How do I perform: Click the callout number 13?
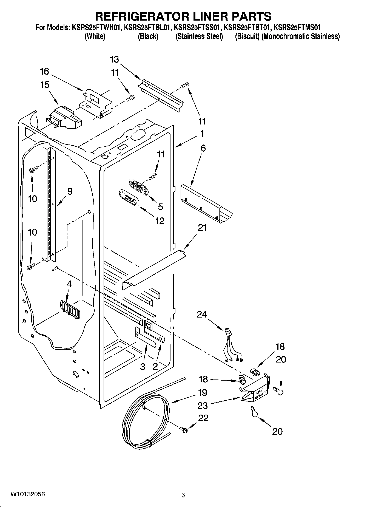click(115, 59)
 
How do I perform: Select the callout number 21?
click(202, 228)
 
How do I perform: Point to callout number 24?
click(202, 314)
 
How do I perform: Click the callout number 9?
click(70, 191)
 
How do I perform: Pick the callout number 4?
click(69, 284)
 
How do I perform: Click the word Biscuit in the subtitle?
click(247, 36)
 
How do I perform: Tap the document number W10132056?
click(27, 494)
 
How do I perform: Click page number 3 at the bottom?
click(183, 495)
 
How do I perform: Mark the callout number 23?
click(203, 405)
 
